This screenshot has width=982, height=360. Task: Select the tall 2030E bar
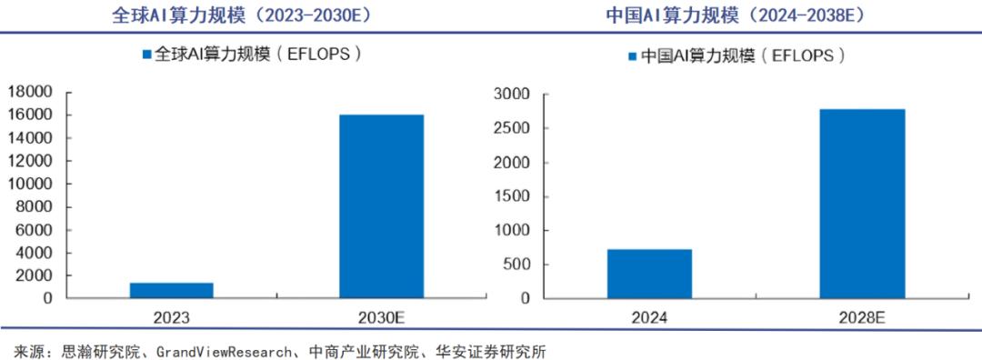(381, 206)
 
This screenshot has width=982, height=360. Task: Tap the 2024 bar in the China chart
(649, 274)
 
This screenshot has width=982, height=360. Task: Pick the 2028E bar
(862, 204)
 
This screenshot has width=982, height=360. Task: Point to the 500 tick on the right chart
(516, 265)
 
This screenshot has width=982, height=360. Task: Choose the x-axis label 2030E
(381, 317)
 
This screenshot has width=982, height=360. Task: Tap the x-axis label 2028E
(862, 317)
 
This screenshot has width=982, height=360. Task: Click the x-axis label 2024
(649, 317)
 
